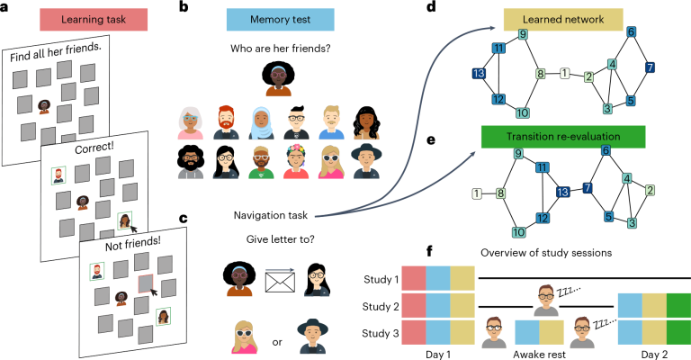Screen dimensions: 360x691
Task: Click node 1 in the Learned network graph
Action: (x=564, y=73)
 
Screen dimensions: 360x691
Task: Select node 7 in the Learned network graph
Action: (x=650, y=68)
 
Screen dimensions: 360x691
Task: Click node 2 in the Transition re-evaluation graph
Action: (x=650, y=190)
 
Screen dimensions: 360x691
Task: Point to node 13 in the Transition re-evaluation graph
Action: (x=562, y=192)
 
